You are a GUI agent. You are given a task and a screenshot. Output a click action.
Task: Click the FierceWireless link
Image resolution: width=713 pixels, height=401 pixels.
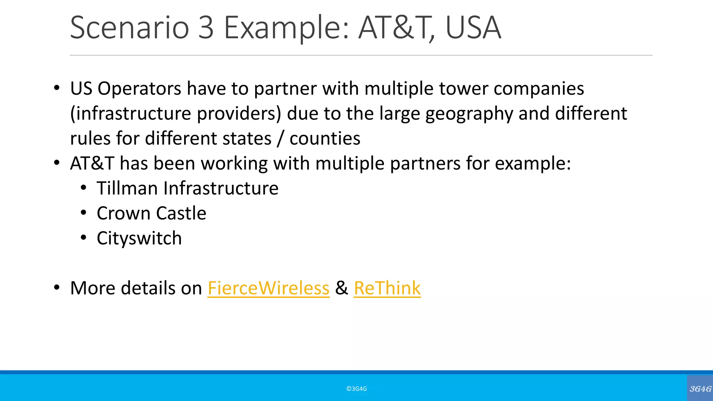pos(268,288)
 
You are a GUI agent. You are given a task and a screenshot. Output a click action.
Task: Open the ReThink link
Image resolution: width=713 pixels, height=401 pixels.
pos(387,288)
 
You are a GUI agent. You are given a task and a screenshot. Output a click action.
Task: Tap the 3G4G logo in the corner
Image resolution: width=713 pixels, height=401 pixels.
pos(700,388)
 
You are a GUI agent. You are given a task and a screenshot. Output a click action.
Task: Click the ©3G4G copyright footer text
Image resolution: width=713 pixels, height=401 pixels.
pos(356,389)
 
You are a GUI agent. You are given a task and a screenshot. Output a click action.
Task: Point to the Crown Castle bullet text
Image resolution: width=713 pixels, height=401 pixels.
pos(151,213)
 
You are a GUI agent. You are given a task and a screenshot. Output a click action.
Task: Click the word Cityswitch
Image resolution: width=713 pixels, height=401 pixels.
pos(139,238)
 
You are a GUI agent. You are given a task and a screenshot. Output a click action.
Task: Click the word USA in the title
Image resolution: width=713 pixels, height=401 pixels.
pos(473,27)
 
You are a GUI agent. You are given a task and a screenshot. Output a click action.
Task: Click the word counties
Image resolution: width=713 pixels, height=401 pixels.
pos(325,139)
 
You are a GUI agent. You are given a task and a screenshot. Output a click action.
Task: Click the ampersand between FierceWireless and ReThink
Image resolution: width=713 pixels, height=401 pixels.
pos(342,288)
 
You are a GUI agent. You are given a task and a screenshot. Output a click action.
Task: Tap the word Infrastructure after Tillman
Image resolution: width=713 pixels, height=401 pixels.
pos(221,188)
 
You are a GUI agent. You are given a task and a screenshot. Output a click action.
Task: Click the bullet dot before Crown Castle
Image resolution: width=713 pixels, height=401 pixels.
pos(83,213)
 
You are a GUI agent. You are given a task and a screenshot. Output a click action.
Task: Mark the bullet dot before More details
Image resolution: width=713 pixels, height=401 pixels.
pos(57,288)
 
